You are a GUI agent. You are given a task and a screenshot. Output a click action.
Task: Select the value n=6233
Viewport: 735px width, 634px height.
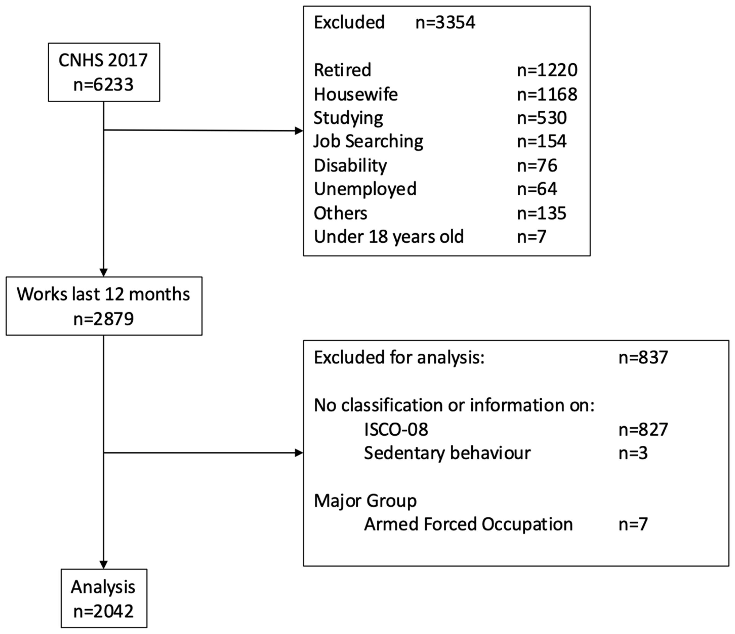[x=103, y=85]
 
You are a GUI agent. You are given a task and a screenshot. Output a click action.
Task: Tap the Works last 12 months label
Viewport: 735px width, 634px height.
[x=103, y=294]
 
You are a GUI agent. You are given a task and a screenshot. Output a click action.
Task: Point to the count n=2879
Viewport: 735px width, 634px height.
[x=103, y=319]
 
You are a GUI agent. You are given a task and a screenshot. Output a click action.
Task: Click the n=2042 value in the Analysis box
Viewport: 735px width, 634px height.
[x=103, y=611]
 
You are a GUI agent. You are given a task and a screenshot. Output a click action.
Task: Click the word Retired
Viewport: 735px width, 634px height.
[x=342, y=70]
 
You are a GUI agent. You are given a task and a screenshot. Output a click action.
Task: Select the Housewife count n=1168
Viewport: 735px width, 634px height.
[x=547, y=94]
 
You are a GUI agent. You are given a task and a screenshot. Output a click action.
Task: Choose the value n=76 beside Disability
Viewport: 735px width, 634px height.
[x=537, y=165]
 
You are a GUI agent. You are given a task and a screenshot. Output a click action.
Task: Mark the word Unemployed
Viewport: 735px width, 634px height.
[x=365, y=189]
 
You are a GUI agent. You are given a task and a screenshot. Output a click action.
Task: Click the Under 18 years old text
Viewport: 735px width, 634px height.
[x=388, y=237]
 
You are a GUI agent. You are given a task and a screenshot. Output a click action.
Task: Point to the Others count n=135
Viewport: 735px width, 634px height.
[x=541, y=213]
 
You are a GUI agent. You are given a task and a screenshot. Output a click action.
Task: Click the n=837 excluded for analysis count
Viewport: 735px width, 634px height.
[x=643, y=357]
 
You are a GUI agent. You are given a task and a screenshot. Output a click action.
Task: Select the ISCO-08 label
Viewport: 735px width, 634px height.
[x=396, y=429]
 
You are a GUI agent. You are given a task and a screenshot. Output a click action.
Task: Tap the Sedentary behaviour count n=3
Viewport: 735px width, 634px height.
[x=633, y=453]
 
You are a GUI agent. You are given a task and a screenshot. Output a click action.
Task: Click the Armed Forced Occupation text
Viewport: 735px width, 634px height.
[x=468, y=524]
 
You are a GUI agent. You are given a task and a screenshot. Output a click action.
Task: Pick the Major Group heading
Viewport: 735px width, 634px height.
[x=365, y=501]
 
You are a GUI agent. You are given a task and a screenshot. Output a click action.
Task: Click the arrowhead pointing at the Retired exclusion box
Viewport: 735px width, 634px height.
[x=299, y=131]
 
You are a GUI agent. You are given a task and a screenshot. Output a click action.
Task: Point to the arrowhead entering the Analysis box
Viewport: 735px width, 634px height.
[x=104, y=564]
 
